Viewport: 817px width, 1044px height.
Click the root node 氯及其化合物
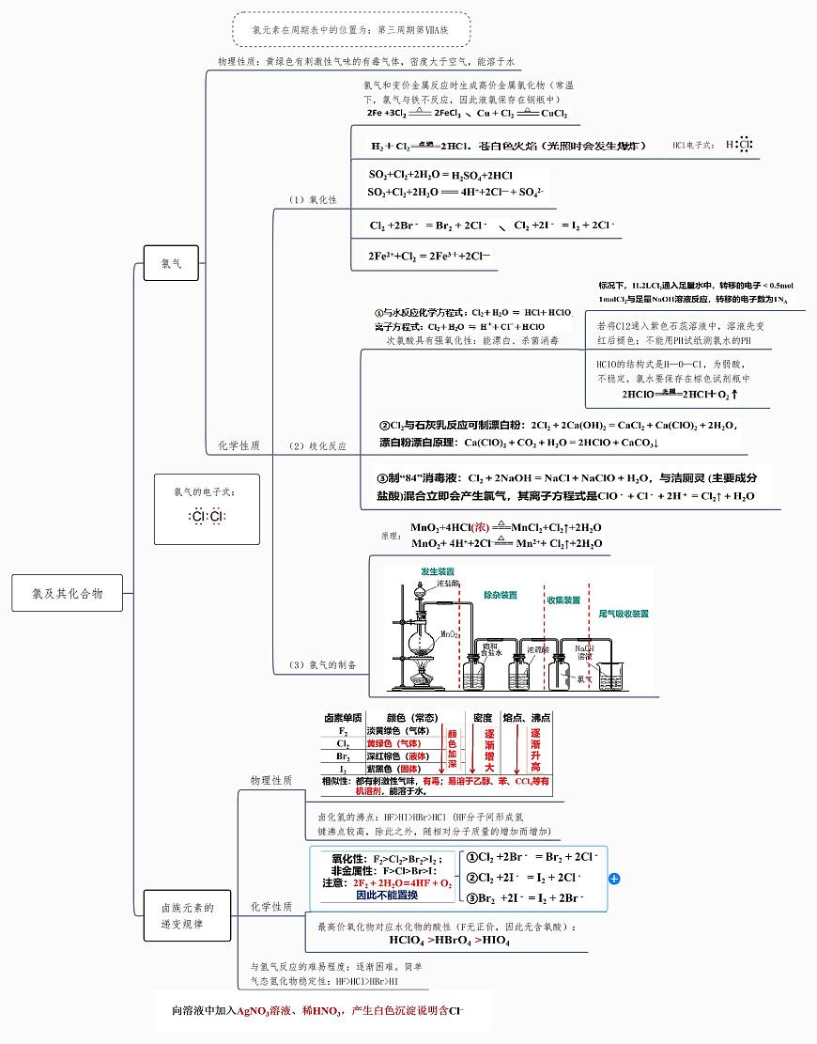pos(68,593)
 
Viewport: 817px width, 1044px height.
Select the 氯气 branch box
pos(171,264)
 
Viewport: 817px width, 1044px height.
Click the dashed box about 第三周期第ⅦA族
pos(350,30)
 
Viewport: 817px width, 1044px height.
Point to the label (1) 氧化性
pos(313,200)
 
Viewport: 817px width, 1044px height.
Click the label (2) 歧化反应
pos(316,445)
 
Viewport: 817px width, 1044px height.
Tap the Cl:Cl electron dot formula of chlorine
pos(207,516)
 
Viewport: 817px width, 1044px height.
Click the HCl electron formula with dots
pos(741,145)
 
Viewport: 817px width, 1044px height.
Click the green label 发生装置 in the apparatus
pos(437,571)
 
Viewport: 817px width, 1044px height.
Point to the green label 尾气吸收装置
pos(624,614)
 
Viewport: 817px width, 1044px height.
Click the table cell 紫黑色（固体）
pos(393,769)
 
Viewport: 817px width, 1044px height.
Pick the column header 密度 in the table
pos(483,718)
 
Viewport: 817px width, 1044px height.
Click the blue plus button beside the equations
pos(614,879)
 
